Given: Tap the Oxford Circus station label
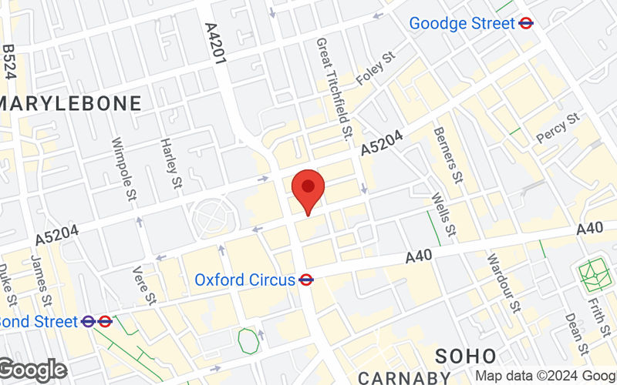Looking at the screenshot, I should pyautogui.click(x=244, y=280).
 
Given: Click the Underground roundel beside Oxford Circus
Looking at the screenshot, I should pyautogui.click(x=306, y=280).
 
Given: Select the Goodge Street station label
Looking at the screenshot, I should pyautogui.click(x=461, y=23).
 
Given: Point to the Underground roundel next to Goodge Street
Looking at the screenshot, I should pyautogui.click(x=526, y=23).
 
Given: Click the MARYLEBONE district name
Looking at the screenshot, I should pyautogui.click(x=71, y=103).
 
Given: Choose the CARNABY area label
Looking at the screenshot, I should pyautogui.click(x=404, y=377).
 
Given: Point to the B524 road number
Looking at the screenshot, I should pyautogui.click(x=9, y=61).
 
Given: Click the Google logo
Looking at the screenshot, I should pyautogui.click(x=32, y=370).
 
